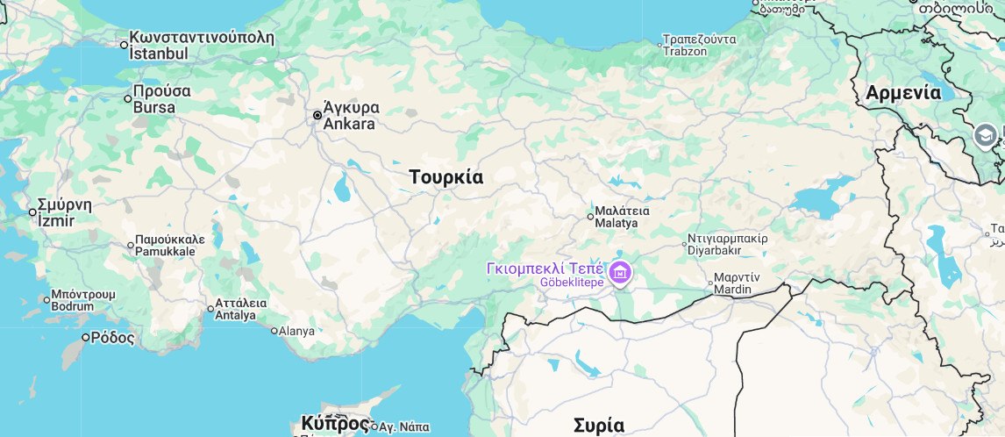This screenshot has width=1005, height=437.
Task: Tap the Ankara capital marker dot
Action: (x=317, y=115)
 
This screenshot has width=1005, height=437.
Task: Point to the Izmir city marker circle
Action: (x=32, y=211)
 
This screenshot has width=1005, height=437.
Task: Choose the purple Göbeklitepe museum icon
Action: (x=620, y=273)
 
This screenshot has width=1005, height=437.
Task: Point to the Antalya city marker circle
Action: (x=210, y=308)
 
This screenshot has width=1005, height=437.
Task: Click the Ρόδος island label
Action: (x=113, y=337)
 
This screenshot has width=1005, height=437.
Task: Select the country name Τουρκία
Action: (x=445, y=177)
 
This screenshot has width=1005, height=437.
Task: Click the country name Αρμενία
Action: (x=903, y=93)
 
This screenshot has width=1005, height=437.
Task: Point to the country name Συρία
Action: (x=599, y=426)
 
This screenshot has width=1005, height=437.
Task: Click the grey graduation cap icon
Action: (x=985, y=135)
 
